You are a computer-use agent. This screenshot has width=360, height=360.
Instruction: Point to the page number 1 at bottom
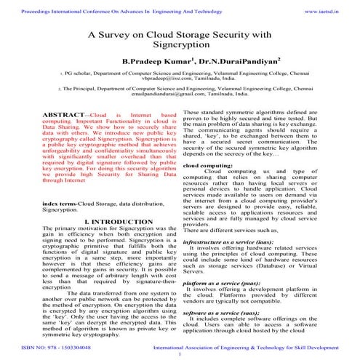coord(180,355)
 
